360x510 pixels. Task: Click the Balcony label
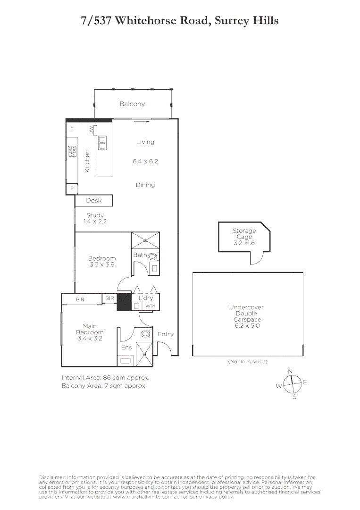pos(132,104)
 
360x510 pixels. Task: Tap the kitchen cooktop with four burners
pos(73,151)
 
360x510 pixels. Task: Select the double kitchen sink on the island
pos(102,142)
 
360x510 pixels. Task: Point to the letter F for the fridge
pos(72,129)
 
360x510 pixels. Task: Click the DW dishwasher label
pos(92,130)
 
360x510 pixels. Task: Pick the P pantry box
pos(72,188)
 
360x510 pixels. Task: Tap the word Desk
pos(94,201)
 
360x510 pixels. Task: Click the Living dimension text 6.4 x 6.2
pos(145,161)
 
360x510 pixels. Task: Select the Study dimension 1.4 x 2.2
pos(95,221)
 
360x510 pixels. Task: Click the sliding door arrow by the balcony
pos(142,121)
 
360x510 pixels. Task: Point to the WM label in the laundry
pos(150,306)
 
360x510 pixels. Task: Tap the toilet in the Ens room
pos(146,334)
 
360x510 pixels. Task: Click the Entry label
pos(165,334)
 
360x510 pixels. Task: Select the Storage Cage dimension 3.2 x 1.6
pos(244,243)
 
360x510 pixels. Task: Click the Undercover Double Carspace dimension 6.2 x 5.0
pos(246,326)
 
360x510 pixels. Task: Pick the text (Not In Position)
pos(248,361)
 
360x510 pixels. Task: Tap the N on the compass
pos(291,371)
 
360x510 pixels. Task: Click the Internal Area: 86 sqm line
pos(106,378)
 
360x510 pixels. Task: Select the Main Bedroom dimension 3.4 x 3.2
pos(90,338)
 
